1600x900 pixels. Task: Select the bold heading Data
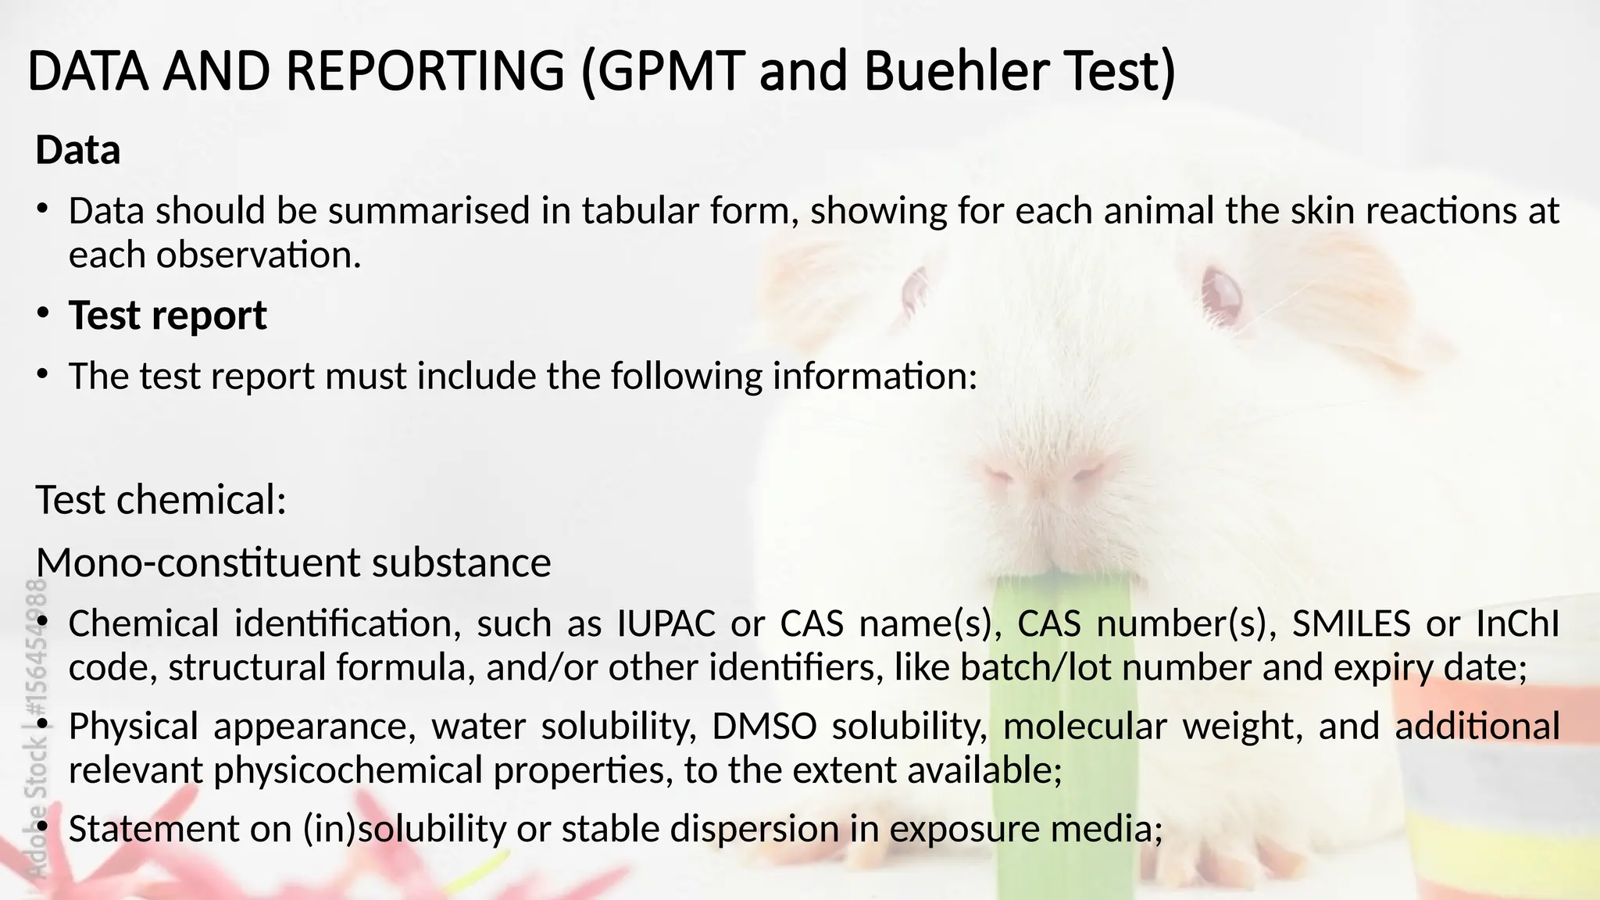pos(78,150)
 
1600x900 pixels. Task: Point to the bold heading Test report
pos(168,316)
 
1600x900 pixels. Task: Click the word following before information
pos(686,376)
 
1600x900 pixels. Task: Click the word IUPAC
pos(666,623)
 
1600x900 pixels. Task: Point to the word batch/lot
pos(1025,667)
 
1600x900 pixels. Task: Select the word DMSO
pos(764,727)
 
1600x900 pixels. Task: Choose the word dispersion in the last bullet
pos(755,829)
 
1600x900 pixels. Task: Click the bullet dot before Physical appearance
pos(43,726)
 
